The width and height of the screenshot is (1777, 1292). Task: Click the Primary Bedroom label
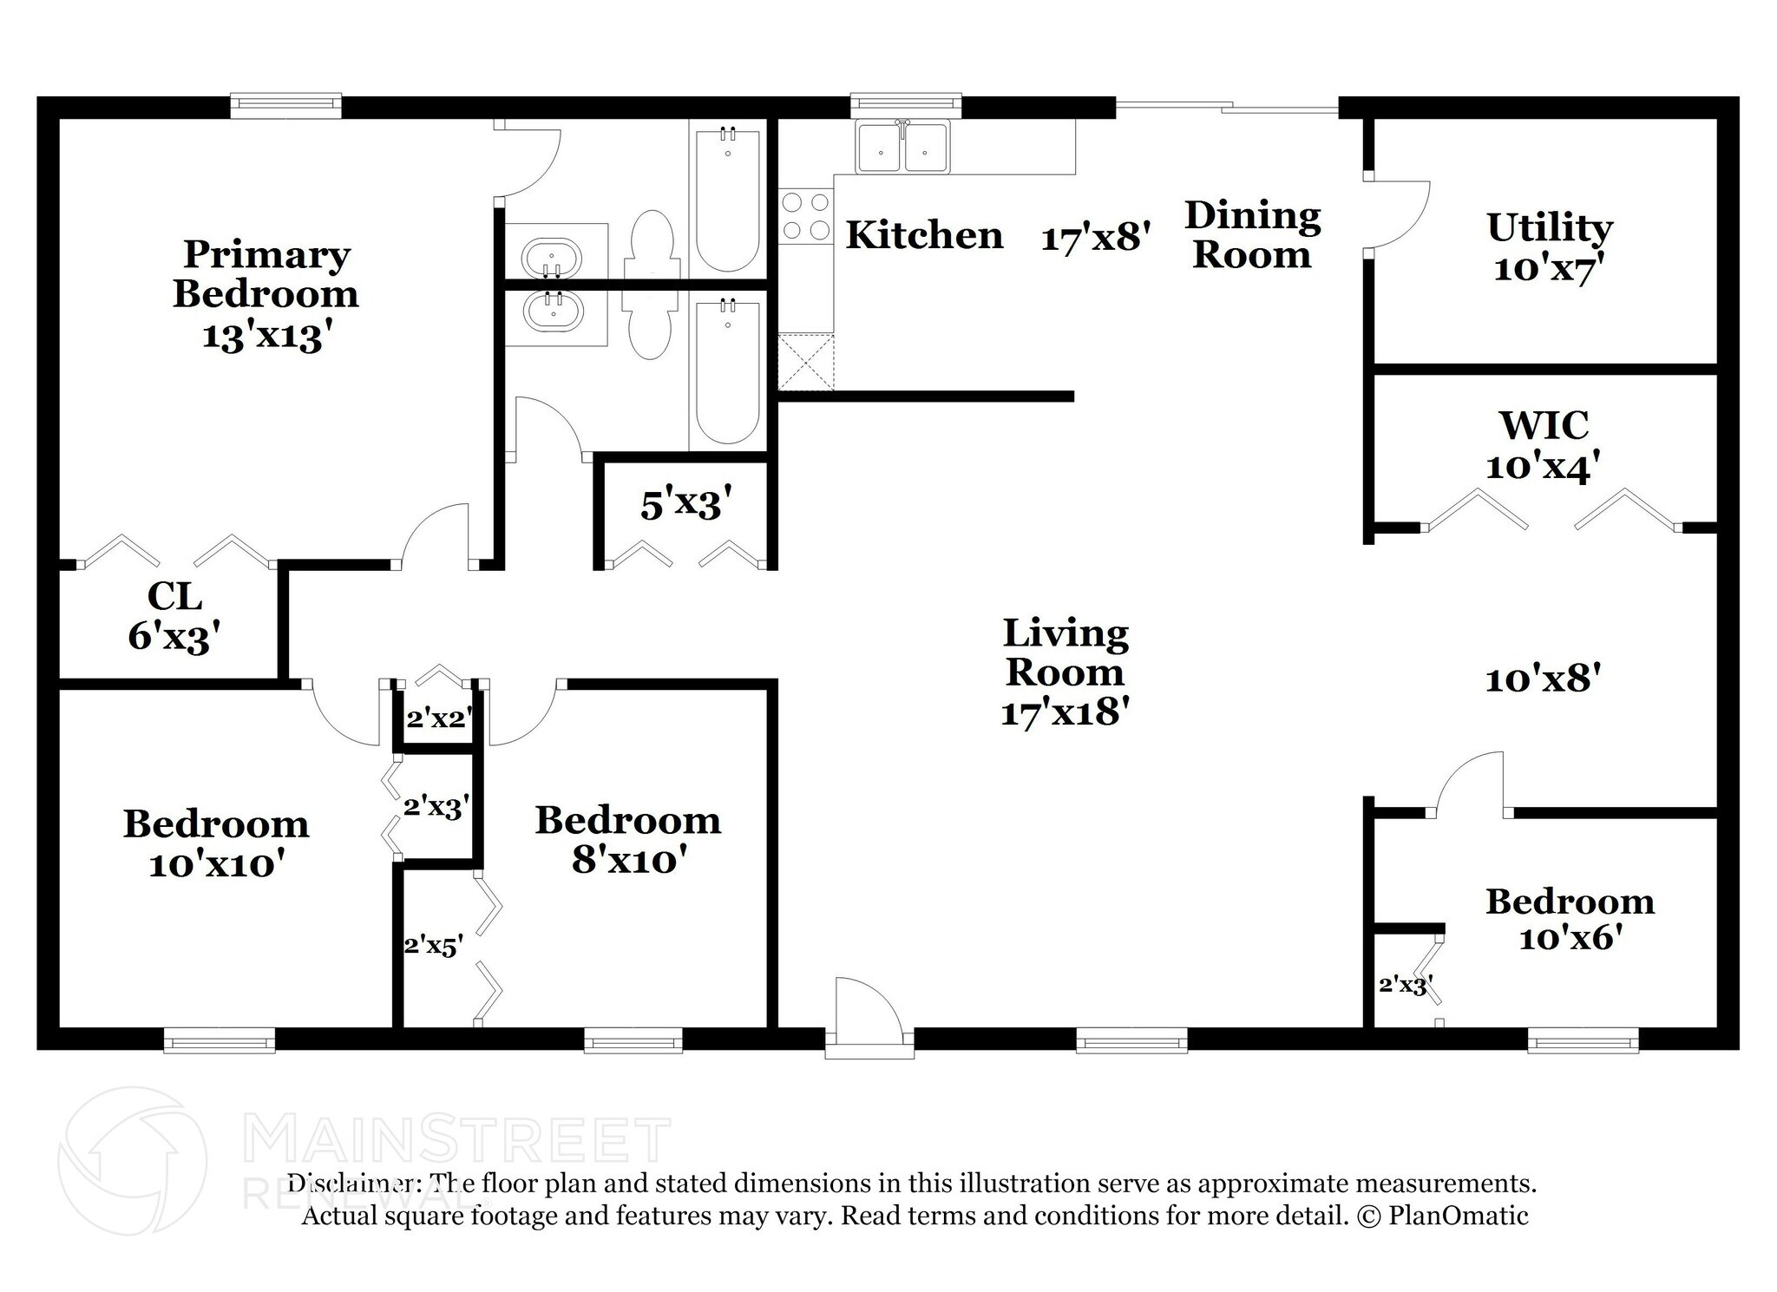click(x=266, y=273)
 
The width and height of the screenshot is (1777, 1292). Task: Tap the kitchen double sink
click(x=902, y=148)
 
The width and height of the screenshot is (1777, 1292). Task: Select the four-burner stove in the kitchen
click(x=804, y=217)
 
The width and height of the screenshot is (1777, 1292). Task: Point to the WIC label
click(x=1544, y=425)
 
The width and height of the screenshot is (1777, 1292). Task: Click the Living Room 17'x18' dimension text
click(x=1065, y=712)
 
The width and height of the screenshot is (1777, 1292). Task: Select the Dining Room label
click(x=1252, y=234)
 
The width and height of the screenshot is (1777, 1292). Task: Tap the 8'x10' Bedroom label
click(x=628, y=840)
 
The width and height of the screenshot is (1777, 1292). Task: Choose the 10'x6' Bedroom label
click(x=1570, y=920)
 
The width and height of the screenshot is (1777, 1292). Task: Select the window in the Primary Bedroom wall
click(x=285, y=106)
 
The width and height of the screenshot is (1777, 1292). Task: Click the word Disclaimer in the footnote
click(x=350, y=1184)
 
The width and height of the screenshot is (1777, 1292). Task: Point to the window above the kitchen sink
click(x=906, y=105)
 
